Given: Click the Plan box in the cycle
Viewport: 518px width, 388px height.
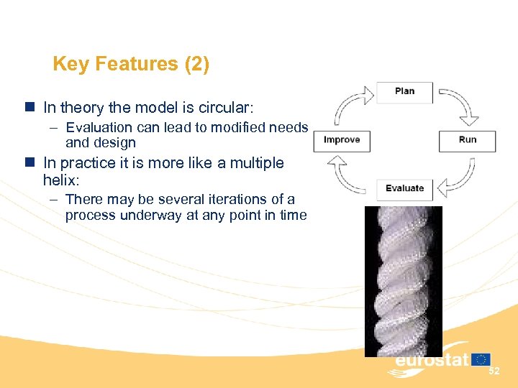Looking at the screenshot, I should click(x=404, y=92).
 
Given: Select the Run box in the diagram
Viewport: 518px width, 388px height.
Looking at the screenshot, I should click(x=467, y=140).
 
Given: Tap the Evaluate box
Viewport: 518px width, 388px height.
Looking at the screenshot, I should click(x=404, y=189).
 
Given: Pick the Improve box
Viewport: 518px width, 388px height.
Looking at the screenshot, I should click(x=342, y=140).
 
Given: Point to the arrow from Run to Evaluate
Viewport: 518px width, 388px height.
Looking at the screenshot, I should click(x=459, y=178).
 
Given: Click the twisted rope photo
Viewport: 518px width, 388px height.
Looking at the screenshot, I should click(x=403, y=280).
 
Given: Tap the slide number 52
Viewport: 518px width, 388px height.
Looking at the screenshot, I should click(x=494, y=371).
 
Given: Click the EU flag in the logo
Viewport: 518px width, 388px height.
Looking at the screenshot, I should click(x=481, y=359).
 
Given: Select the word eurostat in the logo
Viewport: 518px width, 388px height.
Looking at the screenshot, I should click(x=432, y=360).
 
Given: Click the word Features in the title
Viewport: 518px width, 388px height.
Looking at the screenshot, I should click(x=137, y=65).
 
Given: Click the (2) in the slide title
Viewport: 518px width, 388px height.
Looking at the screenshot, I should click(x=197, y=65).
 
